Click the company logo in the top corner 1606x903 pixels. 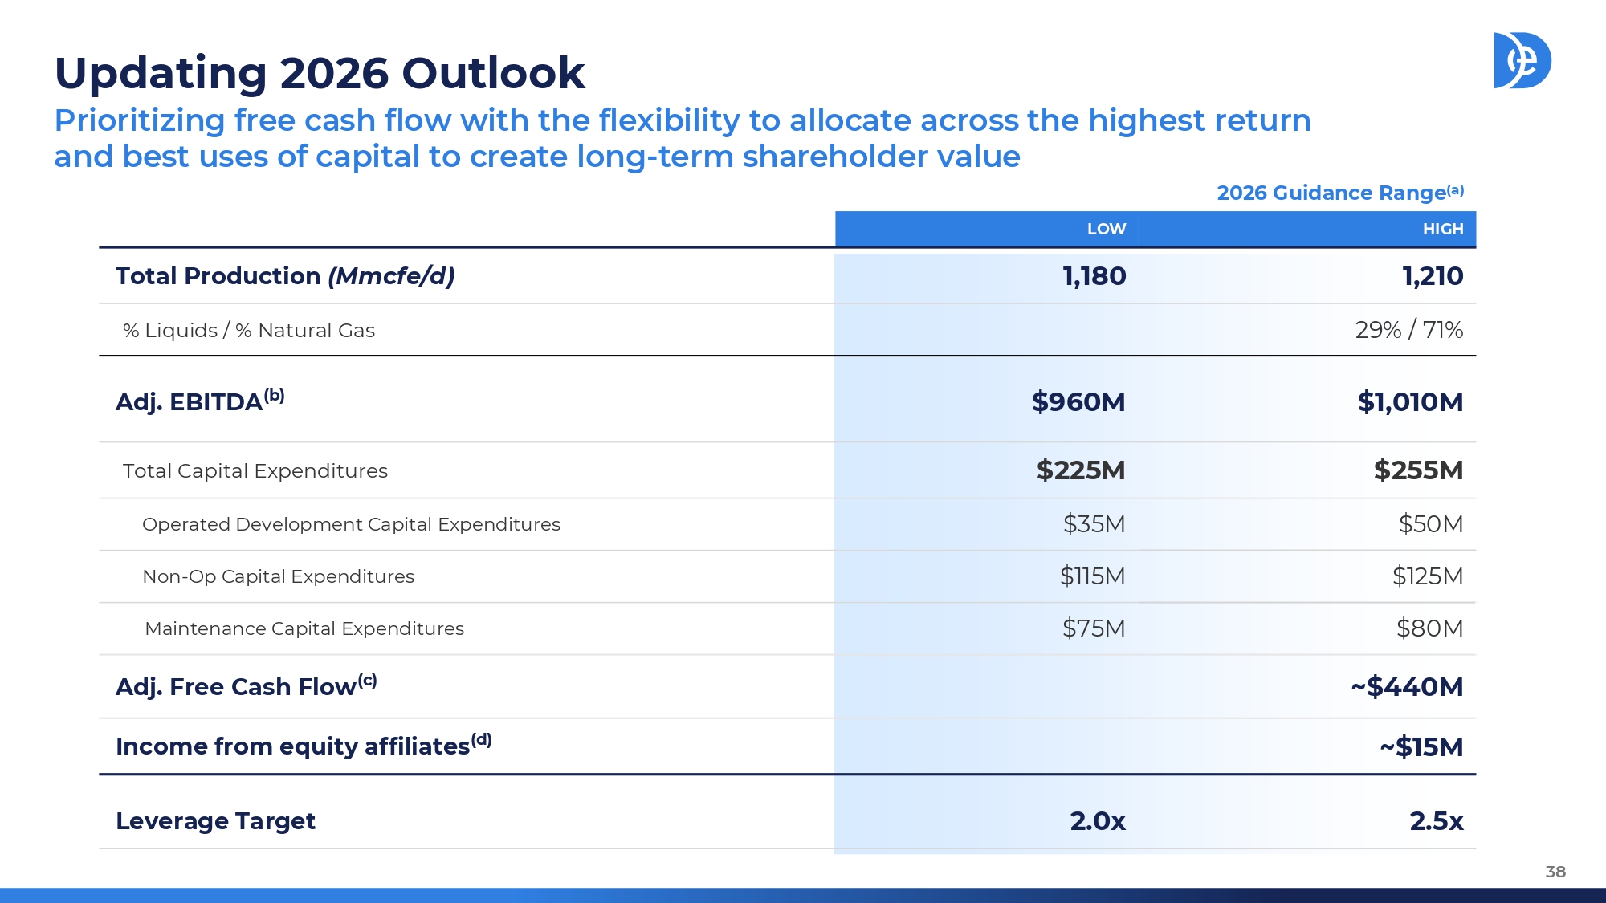coord(1522,60)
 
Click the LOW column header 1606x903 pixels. coord(1107,229)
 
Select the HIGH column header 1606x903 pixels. coord(1443,229)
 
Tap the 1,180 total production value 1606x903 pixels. coord(1094,276)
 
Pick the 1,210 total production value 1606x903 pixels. coord(1433,276)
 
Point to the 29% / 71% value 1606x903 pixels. coord(1409,330)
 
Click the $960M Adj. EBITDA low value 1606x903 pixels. coord(1078,401)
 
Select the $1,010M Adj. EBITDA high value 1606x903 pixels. coord(1410,401)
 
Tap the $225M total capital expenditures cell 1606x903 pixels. coord(1081,470)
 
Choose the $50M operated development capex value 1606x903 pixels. coord(1431,524)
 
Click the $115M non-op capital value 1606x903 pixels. coord(1093,576)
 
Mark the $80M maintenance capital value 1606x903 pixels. coord(1430,628)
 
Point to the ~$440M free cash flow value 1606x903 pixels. coord(1407,687)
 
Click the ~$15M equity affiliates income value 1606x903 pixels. coord(1421,747)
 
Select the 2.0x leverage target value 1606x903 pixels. coord(1098,821)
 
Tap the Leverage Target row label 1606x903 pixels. coord(215,821)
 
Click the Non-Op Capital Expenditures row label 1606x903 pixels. coord(278,576)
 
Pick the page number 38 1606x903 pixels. coord(1555,872)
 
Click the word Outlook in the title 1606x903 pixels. coord(493,73)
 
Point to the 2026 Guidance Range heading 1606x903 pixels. coord(1340,193)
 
